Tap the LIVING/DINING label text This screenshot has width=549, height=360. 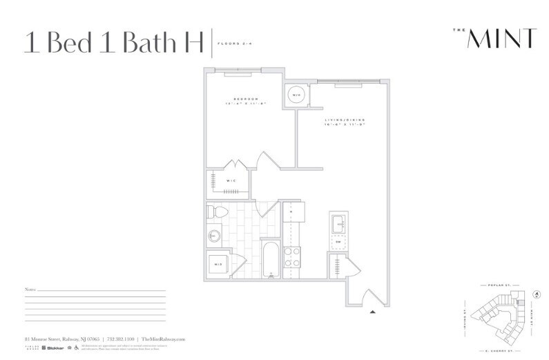345,121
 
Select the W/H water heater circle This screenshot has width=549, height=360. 296,95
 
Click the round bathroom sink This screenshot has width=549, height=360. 213,236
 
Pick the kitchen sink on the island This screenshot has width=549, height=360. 338,224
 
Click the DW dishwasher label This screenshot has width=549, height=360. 338,243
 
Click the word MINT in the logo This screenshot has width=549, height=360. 501,39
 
